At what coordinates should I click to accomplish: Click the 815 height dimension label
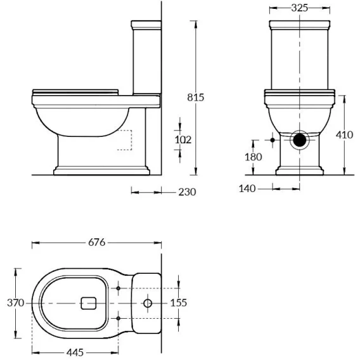[x=195, y=98]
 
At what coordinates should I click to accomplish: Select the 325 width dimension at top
[x=299, y=8]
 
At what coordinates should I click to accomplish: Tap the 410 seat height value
[x=344, y=135]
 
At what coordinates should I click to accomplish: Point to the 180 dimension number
[x=254, y=157]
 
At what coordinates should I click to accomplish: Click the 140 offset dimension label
[x=247, y=188]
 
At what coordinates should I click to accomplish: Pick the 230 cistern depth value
[x=187, y=192]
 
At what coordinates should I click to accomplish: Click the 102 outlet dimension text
[x=183, y=139]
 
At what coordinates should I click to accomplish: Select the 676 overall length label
[x=97, y=242]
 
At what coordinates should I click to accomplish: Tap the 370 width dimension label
[x=15, y=303]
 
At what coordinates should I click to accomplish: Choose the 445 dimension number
[x=75, y=352]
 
